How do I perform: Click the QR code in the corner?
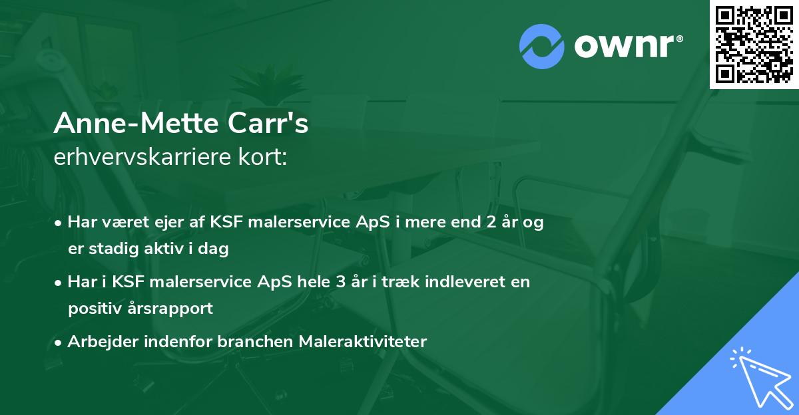[x=754, y=45]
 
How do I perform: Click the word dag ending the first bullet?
[x=216, y=250]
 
